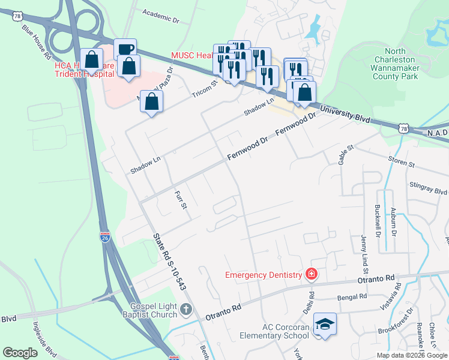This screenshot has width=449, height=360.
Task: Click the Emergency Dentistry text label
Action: point(263,275)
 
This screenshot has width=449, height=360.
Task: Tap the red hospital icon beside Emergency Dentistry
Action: point(311,275)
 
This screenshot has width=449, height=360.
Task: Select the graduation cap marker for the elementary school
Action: point(325,325)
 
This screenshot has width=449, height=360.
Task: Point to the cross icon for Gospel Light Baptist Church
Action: point(186,309)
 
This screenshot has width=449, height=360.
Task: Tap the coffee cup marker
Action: point(125,50)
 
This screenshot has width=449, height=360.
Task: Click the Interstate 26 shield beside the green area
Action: point(105,238)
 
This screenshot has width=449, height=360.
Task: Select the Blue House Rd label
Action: point(36,41)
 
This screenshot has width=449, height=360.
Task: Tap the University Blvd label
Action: point(345,114)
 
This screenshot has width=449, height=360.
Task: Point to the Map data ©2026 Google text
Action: point(411,355)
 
